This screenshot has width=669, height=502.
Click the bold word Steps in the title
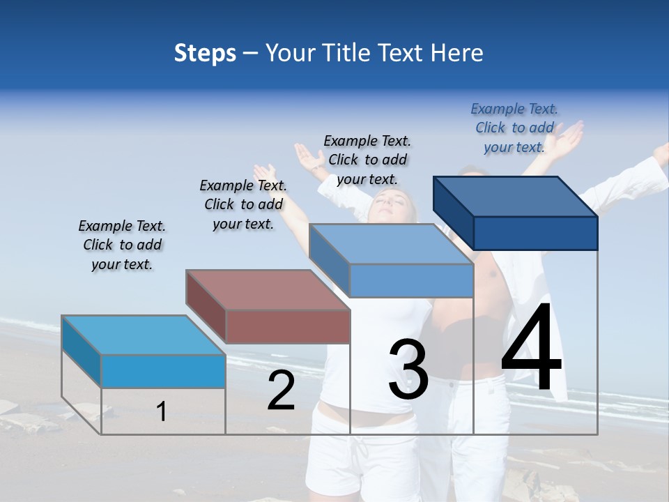pyautogui.click(x=205, y=53)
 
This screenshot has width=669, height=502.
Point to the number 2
pyautogui.click(x=281, y=390)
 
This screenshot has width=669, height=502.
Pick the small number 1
pyautogui.click(x=162, y=411)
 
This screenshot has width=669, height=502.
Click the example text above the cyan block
pyautogui.click(x=122, y=245)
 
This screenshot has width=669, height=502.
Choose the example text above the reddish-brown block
pyautogui.click(x=243, y=204)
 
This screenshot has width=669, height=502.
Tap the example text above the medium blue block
pyautogui.click(x=367, y=160)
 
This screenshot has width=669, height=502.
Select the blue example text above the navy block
pyautogui.click(x=514, y=128)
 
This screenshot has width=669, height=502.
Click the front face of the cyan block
pyautogui.click(x=163, y=371)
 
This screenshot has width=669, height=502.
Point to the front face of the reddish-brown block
pyautogui.click(x=288, y=326)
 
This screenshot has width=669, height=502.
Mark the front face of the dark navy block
pyautogui.click(x=535, y=233)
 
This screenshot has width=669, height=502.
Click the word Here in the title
pyautogui.click(x=457, y=53)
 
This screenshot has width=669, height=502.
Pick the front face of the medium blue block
pyautogui.click(x=411, y=280)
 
